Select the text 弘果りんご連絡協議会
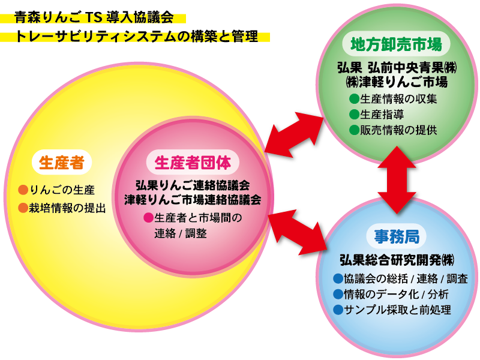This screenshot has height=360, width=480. click(x=192, y=186)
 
